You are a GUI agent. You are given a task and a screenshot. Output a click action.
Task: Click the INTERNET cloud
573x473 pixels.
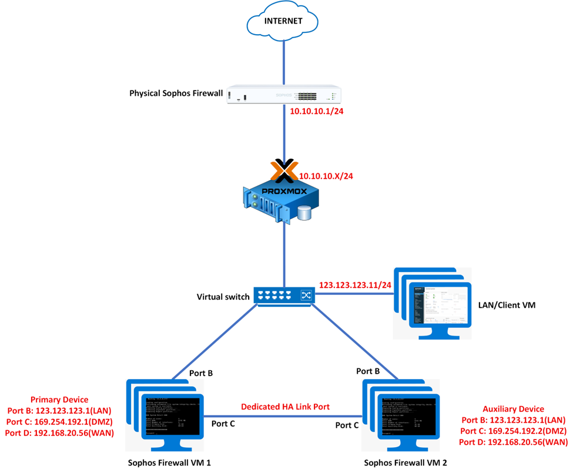click(x=283, y=23)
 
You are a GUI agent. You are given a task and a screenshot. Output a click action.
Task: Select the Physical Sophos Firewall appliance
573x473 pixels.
click(x=284, y=95)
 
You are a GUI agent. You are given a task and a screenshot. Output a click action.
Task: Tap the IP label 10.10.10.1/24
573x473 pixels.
click(x=317, y=111)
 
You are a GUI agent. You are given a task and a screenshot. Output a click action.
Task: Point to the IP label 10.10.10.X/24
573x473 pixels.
click(x=328, y=175)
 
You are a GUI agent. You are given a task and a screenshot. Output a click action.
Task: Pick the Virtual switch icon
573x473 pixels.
click(x=284, y=296)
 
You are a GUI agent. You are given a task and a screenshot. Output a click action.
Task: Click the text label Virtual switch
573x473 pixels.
click(x=223, y=296)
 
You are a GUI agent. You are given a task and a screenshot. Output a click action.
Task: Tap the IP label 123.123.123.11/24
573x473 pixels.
click(x=355, y=285)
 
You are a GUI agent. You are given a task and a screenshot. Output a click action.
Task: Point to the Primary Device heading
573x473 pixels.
click(x=59, y=400)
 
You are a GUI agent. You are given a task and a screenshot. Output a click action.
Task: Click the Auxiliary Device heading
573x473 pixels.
click(x=513, y=409)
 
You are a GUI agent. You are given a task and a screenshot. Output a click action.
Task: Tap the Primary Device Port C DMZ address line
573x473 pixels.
click(x=59, y=421)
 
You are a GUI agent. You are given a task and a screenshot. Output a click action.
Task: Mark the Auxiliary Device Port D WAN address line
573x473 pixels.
click(x=512, y=442)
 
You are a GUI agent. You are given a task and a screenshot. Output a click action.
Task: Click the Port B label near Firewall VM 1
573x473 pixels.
click(x=200, y=373)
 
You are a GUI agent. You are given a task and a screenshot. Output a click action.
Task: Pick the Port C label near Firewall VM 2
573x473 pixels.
click(x=348, y=424)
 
